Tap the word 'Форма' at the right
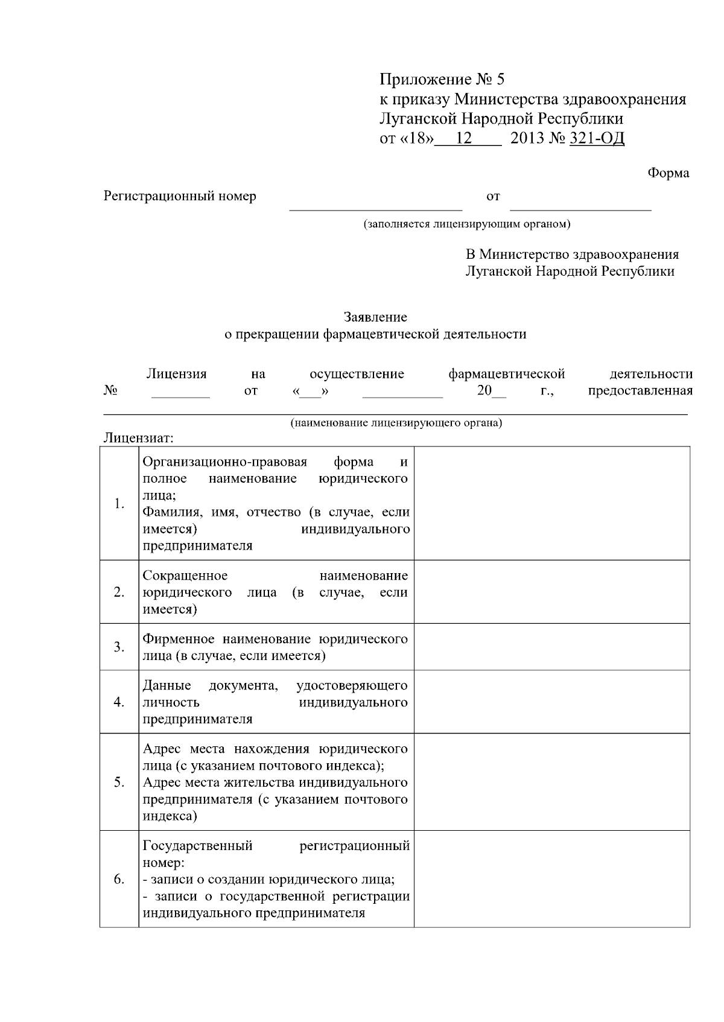pyautogui.click(x=668, y=173)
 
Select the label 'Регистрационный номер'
pyautogui.click(x=180, y=196)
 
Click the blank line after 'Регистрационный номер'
pyautogui.click(x=375, y=205)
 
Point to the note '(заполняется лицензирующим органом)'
pyautogui.click(x=466, y=224)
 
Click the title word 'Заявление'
pyautogui.click(x=375, y=317)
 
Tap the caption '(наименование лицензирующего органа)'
pyautogui.click(x=396, y=423)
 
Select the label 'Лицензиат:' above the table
pyautogui.click(x=139, y=437)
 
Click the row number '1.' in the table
pyautogui.click(x=119, y=504)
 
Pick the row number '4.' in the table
pyautogui.click(x=119, y=702)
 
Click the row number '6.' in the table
pyautogui.click(x=119, y=879)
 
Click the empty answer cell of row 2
pyautogui.click(x=551, y=592)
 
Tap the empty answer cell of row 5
pyautogui.click(x=551, y=782)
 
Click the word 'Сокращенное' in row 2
pyautogui.click(x=185, y=576)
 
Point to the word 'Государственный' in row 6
pyautogui.click(x=197, y=846)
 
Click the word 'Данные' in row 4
pyautogui.click(x=167, y=686)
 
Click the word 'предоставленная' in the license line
pyautogui.click(x=640, y=390)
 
